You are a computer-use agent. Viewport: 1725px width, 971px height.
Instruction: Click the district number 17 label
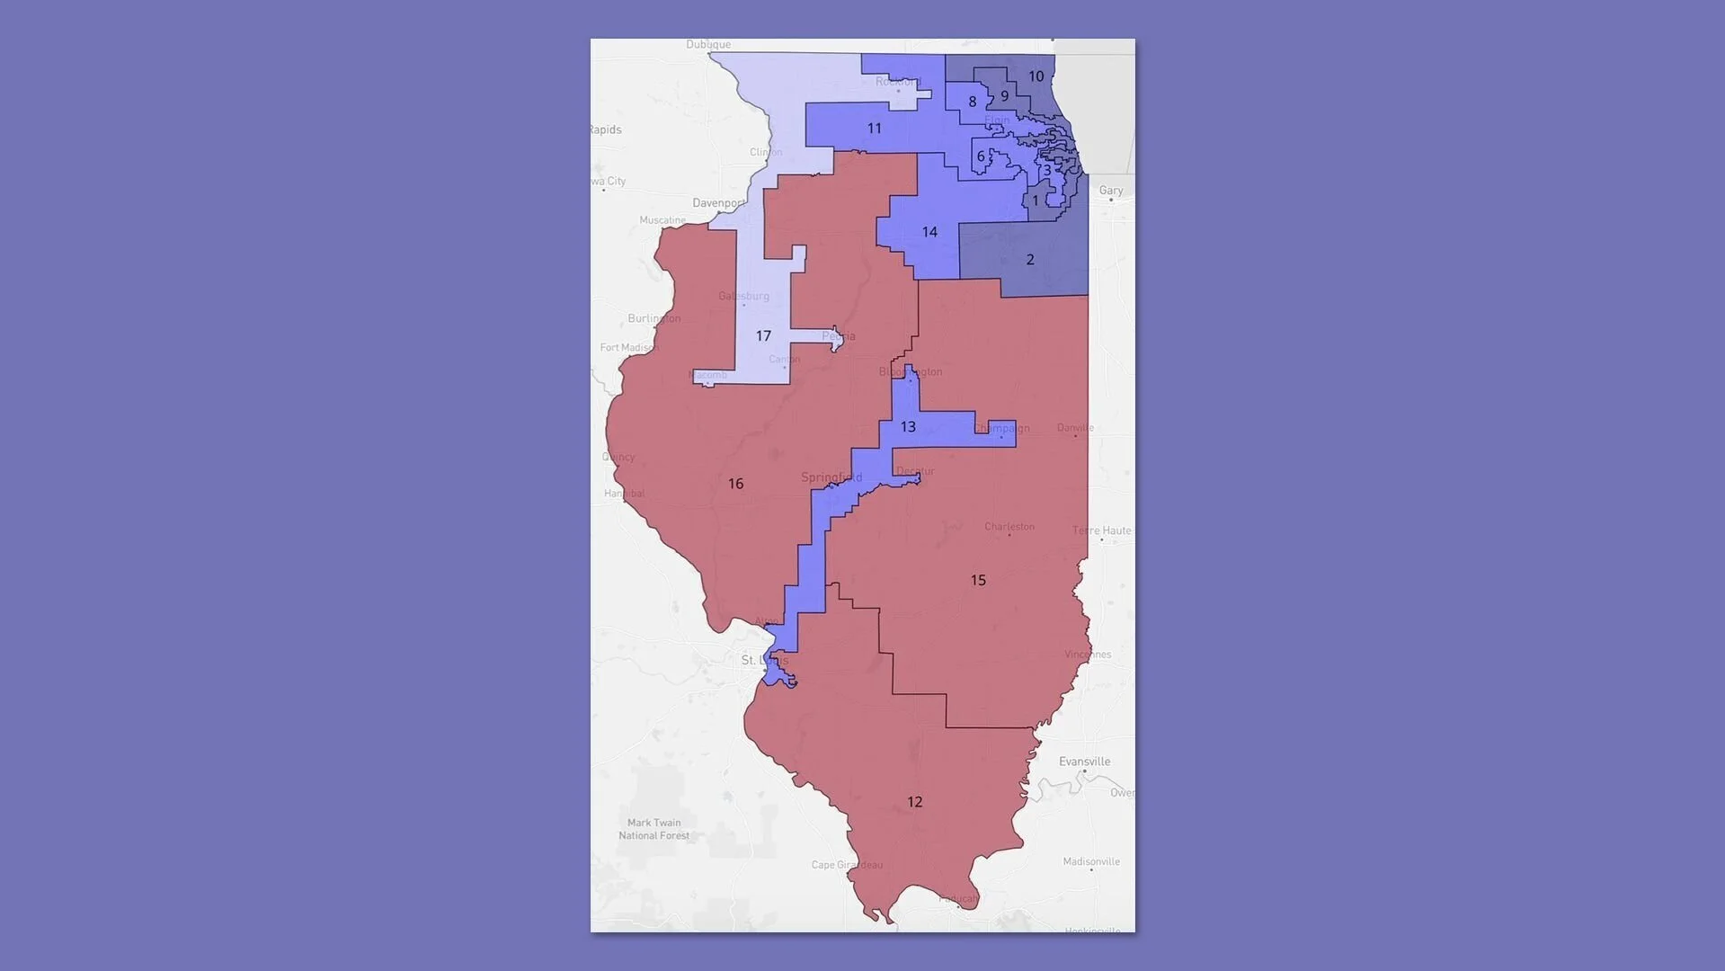tap(763, 336)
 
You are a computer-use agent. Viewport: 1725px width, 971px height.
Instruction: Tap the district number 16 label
tap(735, 484)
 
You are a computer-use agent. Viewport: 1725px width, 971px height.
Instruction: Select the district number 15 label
tap(978, 581)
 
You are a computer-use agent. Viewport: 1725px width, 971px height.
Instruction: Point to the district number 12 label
tap(914, 802)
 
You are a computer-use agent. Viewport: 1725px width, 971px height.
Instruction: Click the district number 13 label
tap(908, 427)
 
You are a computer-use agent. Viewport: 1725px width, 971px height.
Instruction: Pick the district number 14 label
tap(929, 232)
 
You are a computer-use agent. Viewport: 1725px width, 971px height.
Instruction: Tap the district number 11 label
tap(874, 129)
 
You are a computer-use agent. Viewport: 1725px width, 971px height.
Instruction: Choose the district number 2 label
tap(1030, 260)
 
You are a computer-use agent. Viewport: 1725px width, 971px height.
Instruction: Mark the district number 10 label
tap(1036, 76)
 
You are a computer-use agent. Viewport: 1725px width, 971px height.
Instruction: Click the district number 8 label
tap(972, 102)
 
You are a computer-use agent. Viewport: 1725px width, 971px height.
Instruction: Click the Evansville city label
tap(1084, 762)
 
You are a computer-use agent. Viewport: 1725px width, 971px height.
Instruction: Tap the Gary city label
tap(1111, 191)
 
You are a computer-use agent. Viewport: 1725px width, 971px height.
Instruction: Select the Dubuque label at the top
tap(708, 44)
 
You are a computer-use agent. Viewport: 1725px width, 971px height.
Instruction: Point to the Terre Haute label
tap(1101, 530)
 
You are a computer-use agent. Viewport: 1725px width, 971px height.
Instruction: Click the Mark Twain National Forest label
tap(654, 829)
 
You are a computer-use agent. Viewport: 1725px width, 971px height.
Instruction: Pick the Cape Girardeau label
tap(847, 865)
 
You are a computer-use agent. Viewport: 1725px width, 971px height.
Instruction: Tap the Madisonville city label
tap(1091, 861)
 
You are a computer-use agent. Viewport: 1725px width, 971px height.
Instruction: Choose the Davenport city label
tap(719, 203)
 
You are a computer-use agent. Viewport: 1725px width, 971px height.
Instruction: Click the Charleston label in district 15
tap(1009, 527)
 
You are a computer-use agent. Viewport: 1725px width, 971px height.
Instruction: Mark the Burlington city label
tap(654, 318)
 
